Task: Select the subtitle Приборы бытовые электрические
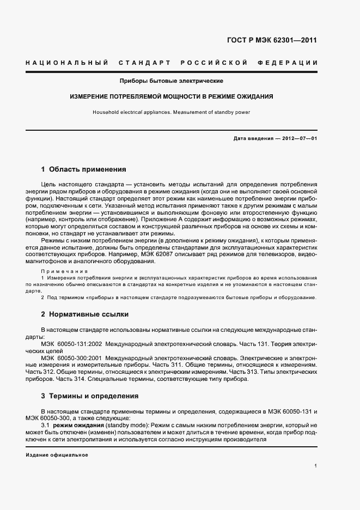coord(172,82)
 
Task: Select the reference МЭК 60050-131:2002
coord(71,344)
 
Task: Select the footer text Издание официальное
coord(57,454)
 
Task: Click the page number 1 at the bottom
coord(315,466)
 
